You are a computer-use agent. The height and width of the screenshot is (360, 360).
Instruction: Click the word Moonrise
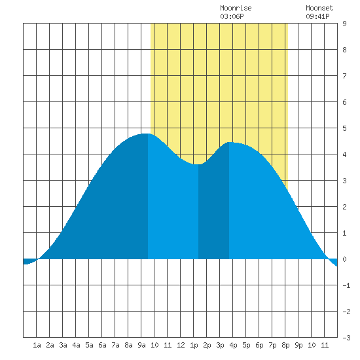click(x=236, y=8)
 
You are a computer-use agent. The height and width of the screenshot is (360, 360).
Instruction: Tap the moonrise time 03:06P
click(x=232, y=16)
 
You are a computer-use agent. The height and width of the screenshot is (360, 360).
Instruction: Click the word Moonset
click(x=319, y=8)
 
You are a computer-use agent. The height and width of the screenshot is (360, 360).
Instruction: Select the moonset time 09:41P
click(x=317, y=16)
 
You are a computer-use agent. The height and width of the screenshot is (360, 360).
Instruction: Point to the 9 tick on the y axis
click(x=344, y=24)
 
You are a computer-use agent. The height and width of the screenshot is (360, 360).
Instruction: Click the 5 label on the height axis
click(x=344, y=128)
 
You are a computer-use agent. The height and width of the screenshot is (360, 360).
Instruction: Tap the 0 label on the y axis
click(x=344, y=259)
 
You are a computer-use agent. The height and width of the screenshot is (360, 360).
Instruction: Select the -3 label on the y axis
click(x=346, y=338)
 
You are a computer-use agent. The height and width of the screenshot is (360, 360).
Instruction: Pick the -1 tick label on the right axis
click(x=346, y=285)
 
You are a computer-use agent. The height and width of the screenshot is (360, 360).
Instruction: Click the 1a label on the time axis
click(x=37, y=345)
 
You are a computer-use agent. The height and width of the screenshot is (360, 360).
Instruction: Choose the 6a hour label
click(x=102, y=345)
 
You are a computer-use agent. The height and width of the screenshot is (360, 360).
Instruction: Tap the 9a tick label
click(x=141, y=345)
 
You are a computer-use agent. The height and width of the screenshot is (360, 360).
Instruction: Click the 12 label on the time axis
click(x=181, y=345)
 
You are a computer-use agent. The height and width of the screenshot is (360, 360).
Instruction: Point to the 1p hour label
click(x=194, y=345)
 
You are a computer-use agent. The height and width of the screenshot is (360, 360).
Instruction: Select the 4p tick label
click(x=233, y=345)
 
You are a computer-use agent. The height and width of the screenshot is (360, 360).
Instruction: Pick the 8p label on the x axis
click(x=285, y=345)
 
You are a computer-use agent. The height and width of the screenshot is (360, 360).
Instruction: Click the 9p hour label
click(x=298, y=345)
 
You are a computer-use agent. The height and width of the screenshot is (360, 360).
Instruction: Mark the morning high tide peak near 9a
click(x=145, y=134)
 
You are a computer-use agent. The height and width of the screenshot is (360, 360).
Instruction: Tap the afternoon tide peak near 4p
click(x=230, y=142)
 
